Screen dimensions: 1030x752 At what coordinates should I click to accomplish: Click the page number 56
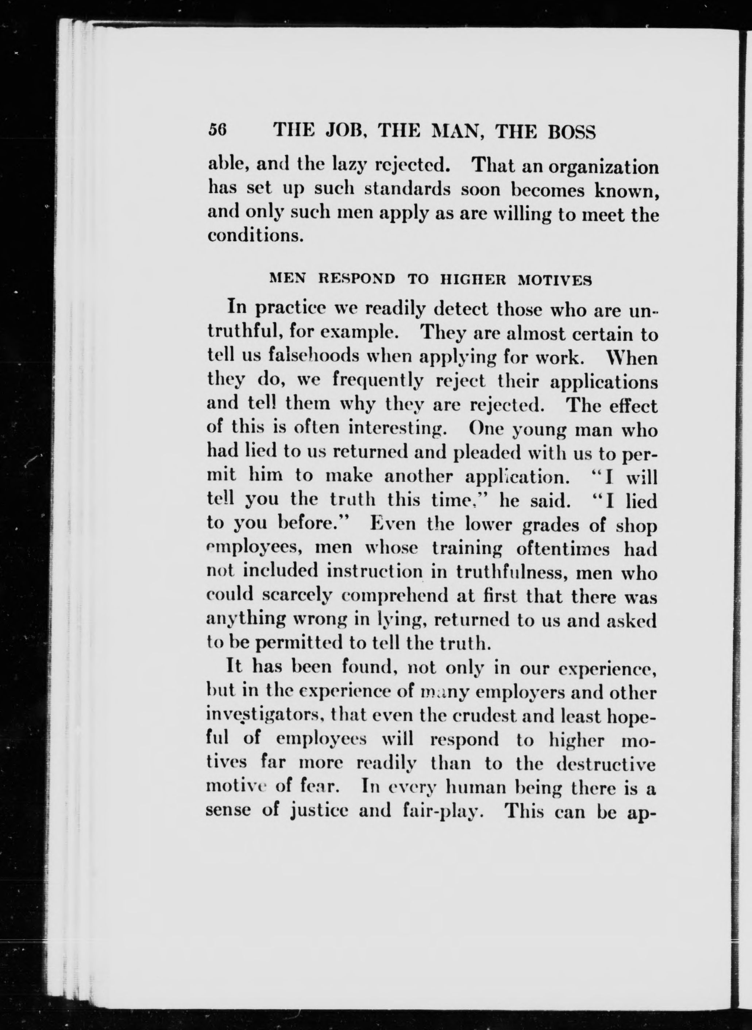click(x=217, y=132)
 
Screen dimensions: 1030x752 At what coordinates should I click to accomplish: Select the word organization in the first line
click(x=603, y=167)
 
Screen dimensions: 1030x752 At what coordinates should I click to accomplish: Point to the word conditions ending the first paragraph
click(x=255, y=237)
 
